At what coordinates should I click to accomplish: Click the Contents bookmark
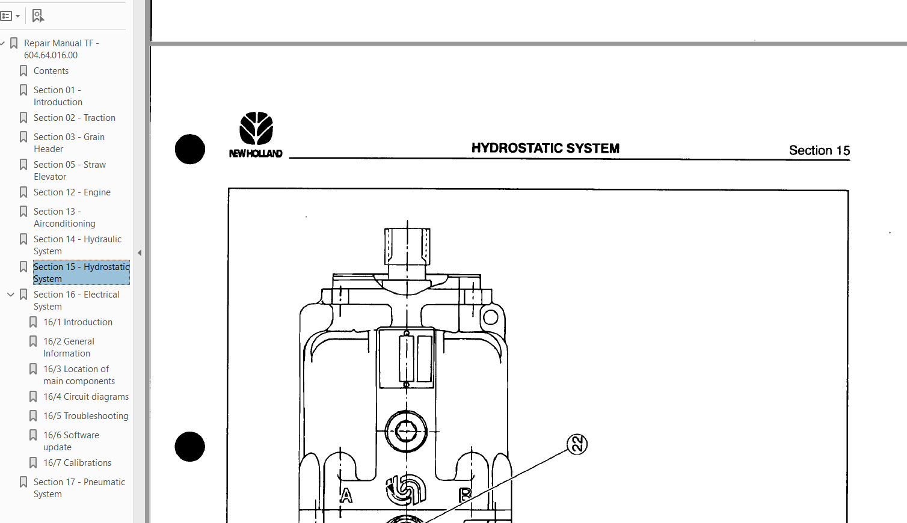[x=51, y=71]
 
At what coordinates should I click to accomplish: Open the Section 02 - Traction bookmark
[x=74, y=118]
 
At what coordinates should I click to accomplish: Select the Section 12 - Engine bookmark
[x=72, y=192]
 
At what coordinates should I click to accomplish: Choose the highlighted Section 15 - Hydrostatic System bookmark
[x=81, y=272]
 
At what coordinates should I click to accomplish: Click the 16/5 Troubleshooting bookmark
[x=85, y=416]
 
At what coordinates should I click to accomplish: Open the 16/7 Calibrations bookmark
[x=77, y=463]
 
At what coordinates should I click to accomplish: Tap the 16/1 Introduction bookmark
[x=78, y=322]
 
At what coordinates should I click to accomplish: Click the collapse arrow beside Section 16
[x=11, y=295]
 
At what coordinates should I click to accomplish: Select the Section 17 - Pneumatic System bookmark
[x=79, y=488]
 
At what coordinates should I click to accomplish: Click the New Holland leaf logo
[x=256, y=128]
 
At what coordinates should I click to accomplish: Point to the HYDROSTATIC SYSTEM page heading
[x=545, y=148]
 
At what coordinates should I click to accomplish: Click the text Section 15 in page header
[x=819, y=150]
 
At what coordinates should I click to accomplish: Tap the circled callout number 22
[x=577, y=444]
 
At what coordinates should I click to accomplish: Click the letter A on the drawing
[x=346, y=495]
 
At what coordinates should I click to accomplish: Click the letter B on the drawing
[x=465, y=495]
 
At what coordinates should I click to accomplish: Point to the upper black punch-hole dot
[x=190, y=149]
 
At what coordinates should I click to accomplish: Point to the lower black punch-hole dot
[x=190, y=447]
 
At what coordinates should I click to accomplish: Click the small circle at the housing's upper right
[x=491, y=317]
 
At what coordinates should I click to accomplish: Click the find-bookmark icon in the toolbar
[x=38, y=16]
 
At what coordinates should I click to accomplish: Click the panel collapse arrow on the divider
[x=140, y=253]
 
